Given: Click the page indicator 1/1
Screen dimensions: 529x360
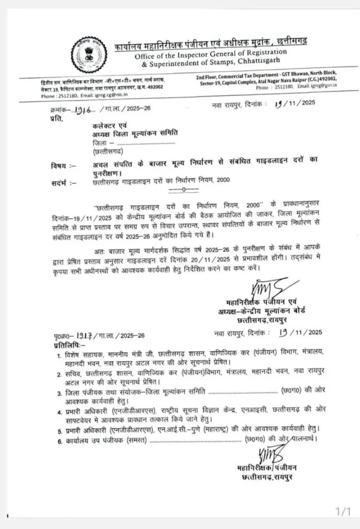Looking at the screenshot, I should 343,511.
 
